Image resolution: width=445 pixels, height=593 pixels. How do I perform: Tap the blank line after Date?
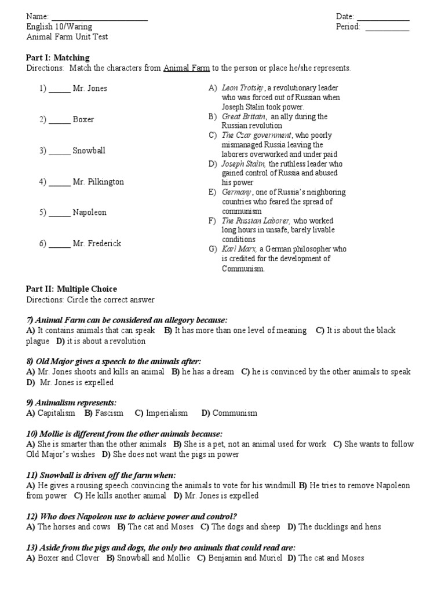[x=383, y=20]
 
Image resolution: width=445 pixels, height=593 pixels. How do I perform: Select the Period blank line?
[x=387, y=30]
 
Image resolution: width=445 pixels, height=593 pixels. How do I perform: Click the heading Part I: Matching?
[x=58, y=58]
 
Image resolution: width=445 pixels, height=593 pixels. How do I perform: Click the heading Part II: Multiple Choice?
[x=72, y=289]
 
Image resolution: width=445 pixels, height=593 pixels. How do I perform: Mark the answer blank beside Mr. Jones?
[x=60, y=91]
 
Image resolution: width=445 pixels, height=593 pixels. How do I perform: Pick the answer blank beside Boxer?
[x=60, y=122]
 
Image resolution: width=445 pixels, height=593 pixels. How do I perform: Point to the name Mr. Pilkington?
[x=98, y=182]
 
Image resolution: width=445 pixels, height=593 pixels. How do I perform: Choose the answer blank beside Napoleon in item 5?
[x=60, y=215]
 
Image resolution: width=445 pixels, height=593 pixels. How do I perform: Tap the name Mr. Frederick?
[x=97, y=244]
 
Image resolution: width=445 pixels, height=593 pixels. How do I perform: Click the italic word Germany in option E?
[x=236, y=192]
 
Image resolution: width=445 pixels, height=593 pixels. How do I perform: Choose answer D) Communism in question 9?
[x=229, y=413]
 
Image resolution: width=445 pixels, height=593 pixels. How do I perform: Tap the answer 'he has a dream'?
[x=207, y=372]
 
